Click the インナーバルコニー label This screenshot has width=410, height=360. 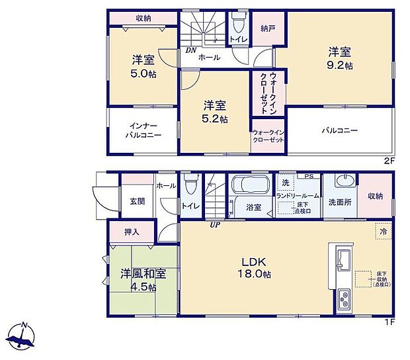click(x=143, y=130)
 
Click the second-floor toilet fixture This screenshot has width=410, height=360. click(x=238, y=24)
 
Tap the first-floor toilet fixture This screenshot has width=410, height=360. click(x=190, y=183)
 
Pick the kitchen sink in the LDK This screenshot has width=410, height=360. click(x=345, y=257)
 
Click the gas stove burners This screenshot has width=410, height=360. click(x=345, y=299)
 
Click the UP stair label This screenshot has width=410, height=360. click(x=214, y=225)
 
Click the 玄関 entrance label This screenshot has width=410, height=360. click(x=137, y=201)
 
